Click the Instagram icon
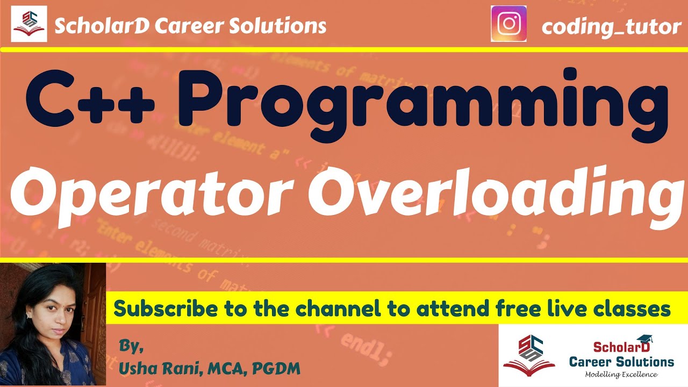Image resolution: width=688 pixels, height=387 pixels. coord(508,24)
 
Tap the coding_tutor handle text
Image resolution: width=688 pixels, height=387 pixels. coord(611,26)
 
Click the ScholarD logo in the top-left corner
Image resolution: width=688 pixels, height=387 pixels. coord(29,24)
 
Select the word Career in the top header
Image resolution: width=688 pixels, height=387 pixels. coord(184,25)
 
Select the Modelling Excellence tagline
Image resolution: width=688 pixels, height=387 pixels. coord(621,374)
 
